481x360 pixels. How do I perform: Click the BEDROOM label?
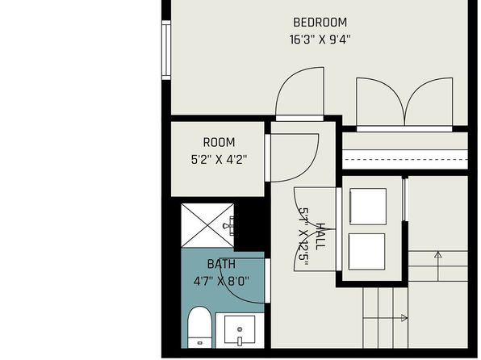(320, 23)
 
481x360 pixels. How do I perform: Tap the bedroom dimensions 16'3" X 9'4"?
(320, 40)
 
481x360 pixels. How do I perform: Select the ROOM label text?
(219, 142)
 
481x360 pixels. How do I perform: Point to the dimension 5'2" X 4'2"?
(219, 160)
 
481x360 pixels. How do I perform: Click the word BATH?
(221, 264)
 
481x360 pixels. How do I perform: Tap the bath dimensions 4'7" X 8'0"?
(221, 281)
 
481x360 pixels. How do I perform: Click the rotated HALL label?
(320, 237)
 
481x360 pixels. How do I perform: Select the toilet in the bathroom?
(199, 328)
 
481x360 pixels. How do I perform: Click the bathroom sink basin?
(240, 329)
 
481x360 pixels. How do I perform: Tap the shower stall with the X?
(207, 225)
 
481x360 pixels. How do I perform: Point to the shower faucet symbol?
(229, 226)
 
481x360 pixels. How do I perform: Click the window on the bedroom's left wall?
(166, 50)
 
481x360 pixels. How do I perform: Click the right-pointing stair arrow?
(385, 318)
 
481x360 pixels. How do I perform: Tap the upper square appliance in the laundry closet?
(368, 207)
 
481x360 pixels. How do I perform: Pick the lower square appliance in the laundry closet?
(366, 252)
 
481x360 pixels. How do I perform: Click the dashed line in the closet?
(405, 160)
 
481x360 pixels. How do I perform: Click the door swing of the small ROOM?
(307, 169)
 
